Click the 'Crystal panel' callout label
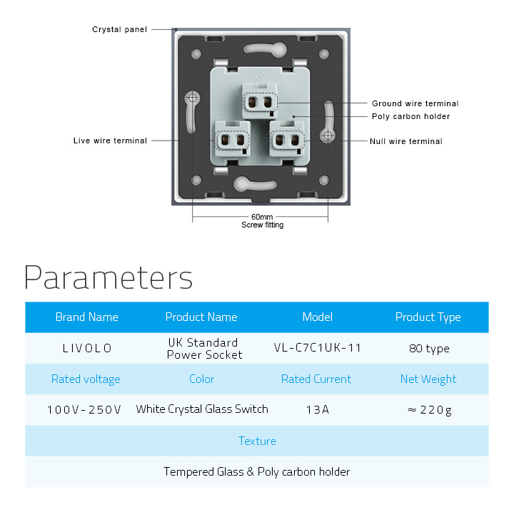[x=120, y=29]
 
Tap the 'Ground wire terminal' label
[x=415, y=103]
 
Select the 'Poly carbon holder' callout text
[x=410, y=116]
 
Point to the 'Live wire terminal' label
[x=110, y=140]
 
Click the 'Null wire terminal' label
[x=406, y=141]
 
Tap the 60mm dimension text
[x=262, y=217]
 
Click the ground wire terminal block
[x=260, y=101]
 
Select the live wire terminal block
[x=233, y=139]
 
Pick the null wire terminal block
[x=287, y=139]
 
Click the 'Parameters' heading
[x=109, y=277]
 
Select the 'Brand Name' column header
[x=87, y=317]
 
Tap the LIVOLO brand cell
[x=87, y=348]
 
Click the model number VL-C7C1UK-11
[x=317, y=348]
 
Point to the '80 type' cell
[x=429, y=349]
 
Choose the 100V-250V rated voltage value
[x=84, y=409]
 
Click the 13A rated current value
[x=317, y=409]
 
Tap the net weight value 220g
[x=430, y=410]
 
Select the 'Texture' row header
[x=257, y=441]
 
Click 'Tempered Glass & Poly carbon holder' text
[x=257, y=472]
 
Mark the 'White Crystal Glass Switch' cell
[x=202, y=409]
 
